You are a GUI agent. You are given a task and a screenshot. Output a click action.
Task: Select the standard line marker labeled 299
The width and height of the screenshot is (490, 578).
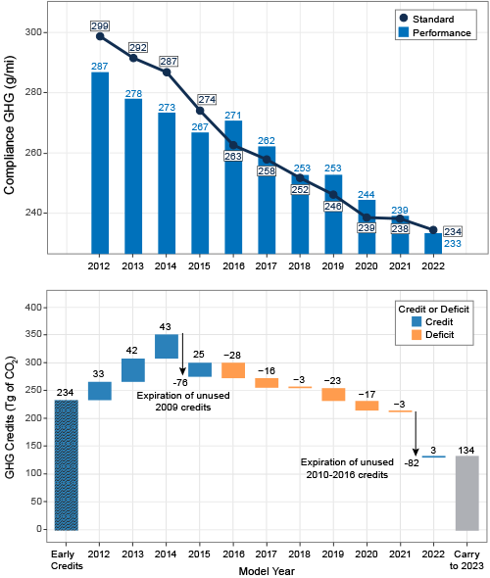point(100,36)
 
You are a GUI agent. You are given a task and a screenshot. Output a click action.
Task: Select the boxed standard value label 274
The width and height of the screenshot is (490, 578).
point(206,99)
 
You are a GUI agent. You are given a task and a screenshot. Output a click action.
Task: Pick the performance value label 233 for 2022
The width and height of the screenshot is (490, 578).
point(452,242)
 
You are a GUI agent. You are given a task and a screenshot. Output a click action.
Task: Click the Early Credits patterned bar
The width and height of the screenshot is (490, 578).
point(65,464)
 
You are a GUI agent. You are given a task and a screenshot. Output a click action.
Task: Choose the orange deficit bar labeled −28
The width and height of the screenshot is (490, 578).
point(233,369)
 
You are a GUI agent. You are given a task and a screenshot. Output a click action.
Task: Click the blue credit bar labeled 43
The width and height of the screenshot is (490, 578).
point(167,346)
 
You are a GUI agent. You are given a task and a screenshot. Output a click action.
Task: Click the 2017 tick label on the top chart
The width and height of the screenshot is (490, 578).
point(267,265)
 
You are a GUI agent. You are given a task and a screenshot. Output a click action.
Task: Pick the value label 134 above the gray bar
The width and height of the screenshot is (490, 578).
point(466,449)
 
